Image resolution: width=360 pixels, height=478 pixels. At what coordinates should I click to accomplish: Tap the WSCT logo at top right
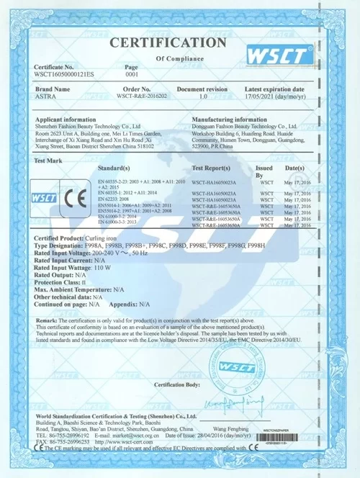pos(280,54)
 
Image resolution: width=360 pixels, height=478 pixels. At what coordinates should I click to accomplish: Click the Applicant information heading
pos(66,118)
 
